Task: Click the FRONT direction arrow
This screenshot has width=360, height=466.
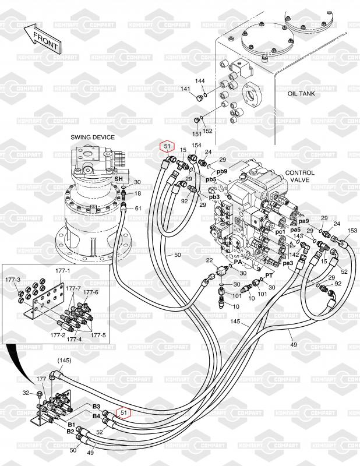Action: (x=43, y=38)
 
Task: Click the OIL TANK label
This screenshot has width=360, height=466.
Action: (x=301, y=94)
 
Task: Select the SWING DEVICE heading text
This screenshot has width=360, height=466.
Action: (x=93, y=137)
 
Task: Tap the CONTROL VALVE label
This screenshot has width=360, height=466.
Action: (x=299, y=176)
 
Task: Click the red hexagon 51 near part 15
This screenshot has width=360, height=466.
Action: (x=167, y=147)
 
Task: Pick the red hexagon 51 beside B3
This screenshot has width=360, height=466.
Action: (x=123, y=412)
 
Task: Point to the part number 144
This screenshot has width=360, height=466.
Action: (x=200, y=81)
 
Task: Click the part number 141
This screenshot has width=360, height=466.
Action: (x=185, y=89)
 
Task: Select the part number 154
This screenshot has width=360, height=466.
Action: (x=196, y=145)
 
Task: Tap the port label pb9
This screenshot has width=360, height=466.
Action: (x=222, y=171)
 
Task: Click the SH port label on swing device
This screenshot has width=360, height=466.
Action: (x=119, y=179)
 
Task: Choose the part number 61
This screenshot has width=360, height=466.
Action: (x=138, y=209)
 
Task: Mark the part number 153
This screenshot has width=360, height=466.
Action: (x=352, y=230)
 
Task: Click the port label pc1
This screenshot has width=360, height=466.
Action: (x=280, y=231)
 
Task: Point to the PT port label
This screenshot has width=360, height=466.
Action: (x=269, y=276)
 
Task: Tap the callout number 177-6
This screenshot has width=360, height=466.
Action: (x=91, y=292)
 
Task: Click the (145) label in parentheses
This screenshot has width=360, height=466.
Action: (x=64, y=361)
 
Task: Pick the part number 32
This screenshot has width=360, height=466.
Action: (x=26, y=393)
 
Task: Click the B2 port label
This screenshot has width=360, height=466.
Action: (x=70, y=431)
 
